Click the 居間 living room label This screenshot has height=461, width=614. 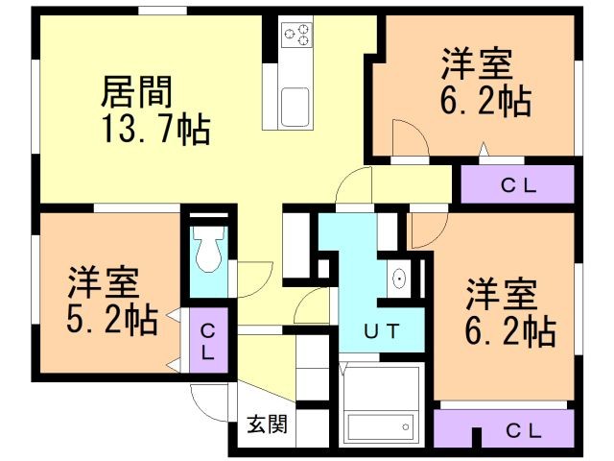(x=136, y=92)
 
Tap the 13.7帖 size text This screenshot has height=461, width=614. (x=155, y=130)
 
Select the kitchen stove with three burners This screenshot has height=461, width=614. (x=296, y=35)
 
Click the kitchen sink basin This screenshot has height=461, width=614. (x=295, y=107)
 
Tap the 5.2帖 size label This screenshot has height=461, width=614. (x=112, y=320)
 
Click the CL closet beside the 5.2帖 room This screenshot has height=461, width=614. (x=208, y=340)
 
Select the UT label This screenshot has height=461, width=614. (x=382, y=331)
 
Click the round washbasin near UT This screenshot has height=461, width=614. (x=399, y=279)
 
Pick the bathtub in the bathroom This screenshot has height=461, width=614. (x=380, y=427)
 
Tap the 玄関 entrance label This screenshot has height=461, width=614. (x=267, y=425)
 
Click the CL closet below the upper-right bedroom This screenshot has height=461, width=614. (x=518, y=184)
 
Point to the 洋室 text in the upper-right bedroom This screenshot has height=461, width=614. (x=477, y=64)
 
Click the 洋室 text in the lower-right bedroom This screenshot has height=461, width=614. (x=501, y=294)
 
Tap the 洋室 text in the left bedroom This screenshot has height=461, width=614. (x=104, y=282)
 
